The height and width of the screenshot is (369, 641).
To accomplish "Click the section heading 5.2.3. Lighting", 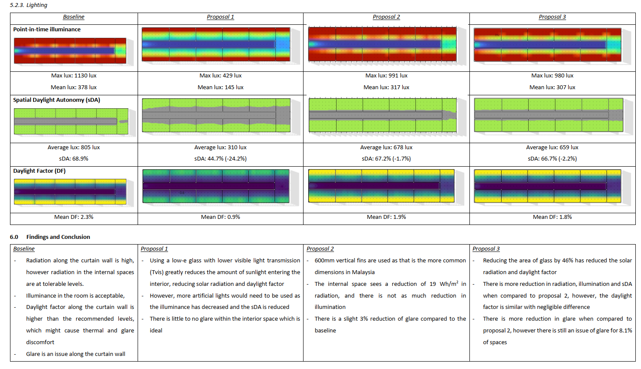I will coord(28,5).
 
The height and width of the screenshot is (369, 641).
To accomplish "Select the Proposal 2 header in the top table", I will coord(386,17).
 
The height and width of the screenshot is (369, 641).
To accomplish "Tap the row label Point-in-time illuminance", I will coord(47,30).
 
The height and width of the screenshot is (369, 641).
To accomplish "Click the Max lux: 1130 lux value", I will coord(74,76).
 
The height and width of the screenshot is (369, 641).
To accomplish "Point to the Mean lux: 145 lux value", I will coord(220,87).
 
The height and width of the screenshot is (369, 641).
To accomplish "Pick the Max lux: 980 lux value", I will coord(552,76).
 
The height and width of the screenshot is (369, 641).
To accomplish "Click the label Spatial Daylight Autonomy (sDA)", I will coord(57,100).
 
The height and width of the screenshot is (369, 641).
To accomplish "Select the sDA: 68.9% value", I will coord(74,159).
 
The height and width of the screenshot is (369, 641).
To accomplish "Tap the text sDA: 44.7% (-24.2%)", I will coord(220,159).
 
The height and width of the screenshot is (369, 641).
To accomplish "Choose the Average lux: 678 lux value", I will coord(386,148).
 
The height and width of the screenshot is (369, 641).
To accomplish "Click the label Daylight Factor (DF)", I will coord(39,171).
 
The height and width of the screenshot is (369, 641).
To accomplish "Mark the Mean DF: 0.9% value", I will coord(220,217).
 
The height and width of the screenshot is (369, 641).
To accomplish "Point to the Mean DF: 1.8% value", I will coord(552,217).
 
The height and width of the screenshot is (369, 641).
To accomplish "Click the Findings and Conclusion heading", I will coord(58,237).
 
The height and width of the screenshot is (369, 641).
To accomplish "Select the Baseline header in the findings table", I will coord(24,249).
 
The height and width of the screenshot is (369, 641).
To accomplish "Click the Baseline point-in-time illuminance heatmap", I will coord(70,50).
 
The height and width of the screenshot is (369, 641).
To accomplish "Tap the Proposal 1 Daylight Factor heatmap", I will coord(216,186).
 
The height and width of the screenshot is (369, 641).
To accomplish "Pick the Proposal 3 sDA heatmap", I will coord(548,115).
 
